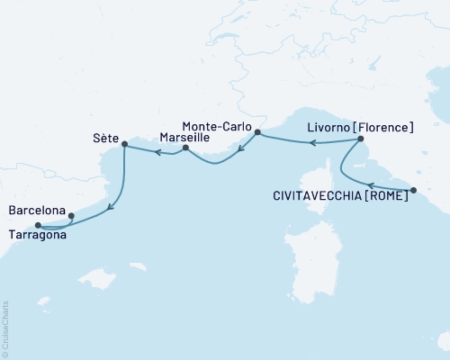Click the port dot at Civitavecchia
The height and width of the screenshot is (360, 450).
413,190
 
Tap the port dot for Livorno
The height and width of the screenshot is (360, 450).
359,139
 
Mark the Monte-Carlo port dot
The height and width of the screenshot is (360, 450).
257,133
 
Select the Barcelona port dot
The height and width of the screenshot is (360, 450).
71,215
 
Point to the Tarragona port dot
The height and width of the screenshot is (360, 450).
37,225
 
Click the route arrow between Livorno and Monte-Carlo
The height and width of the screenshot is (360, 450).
304,142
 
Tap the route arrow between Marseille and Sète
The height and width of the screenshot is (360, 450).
155,153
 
